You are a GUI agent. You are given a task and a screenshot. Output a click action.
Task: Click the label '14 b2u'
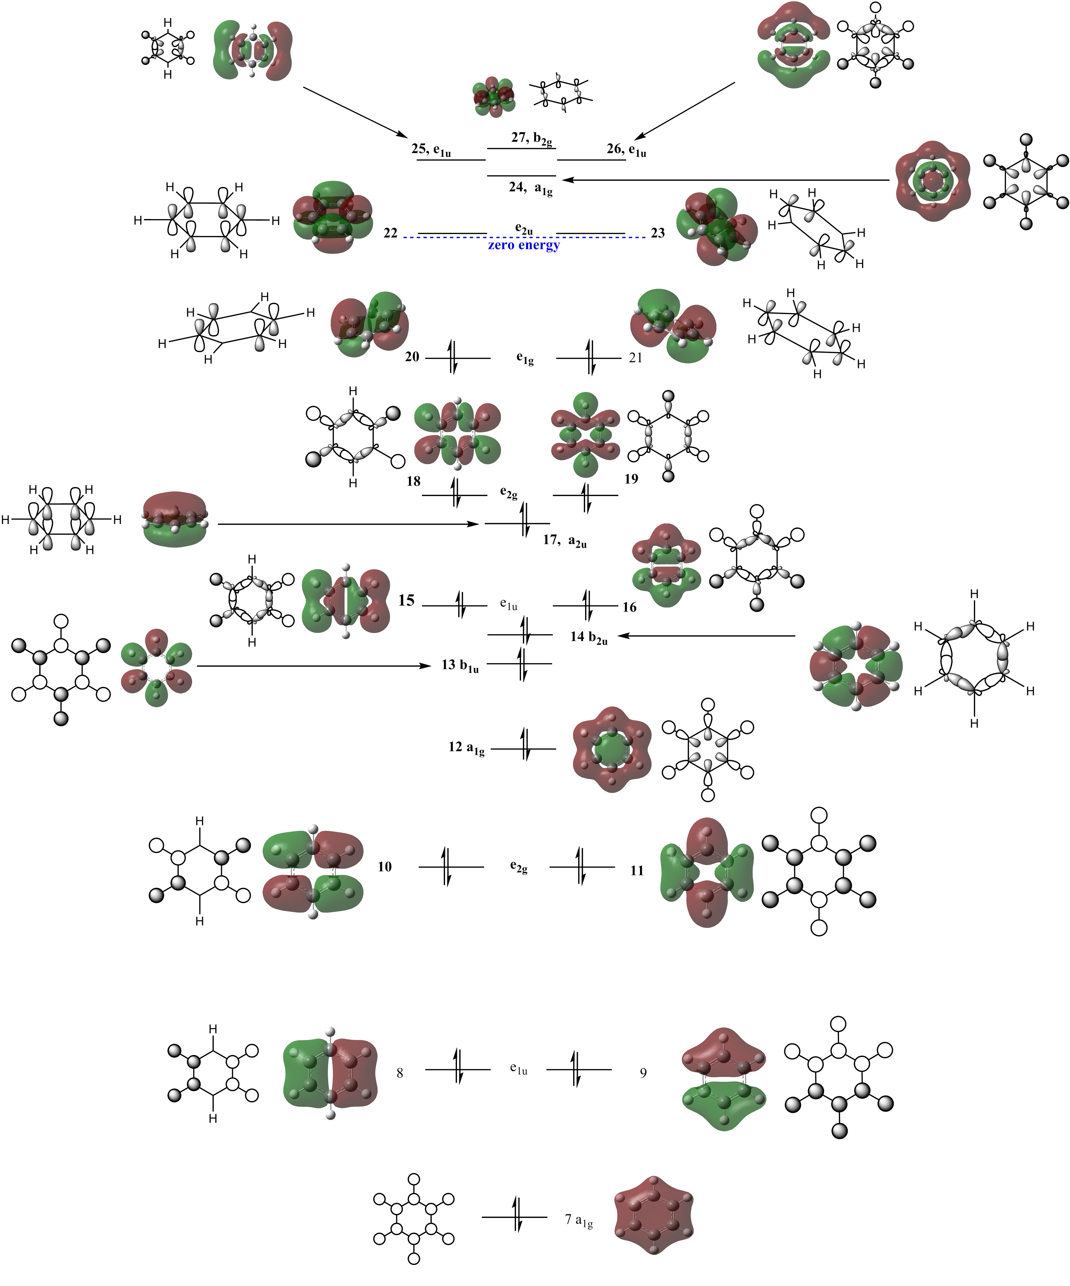[588, 637]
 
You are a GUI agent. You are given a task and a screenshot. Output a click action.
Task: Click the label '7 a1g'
[578, 1220]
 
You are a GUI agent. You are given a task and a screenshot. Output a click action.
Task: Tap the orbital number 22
[390, 233]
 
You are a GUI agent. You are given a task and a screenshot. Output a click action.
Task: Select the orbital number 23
[658, 233]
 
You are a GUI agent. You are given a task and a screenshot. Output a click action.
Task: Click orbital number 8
[399, 1073]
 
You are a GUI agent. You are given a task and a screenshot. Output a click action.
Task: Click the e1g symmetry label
[524, 359]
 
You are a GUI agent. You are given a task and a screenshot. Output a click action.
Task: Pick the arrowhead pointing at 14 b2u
[622, 636]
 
